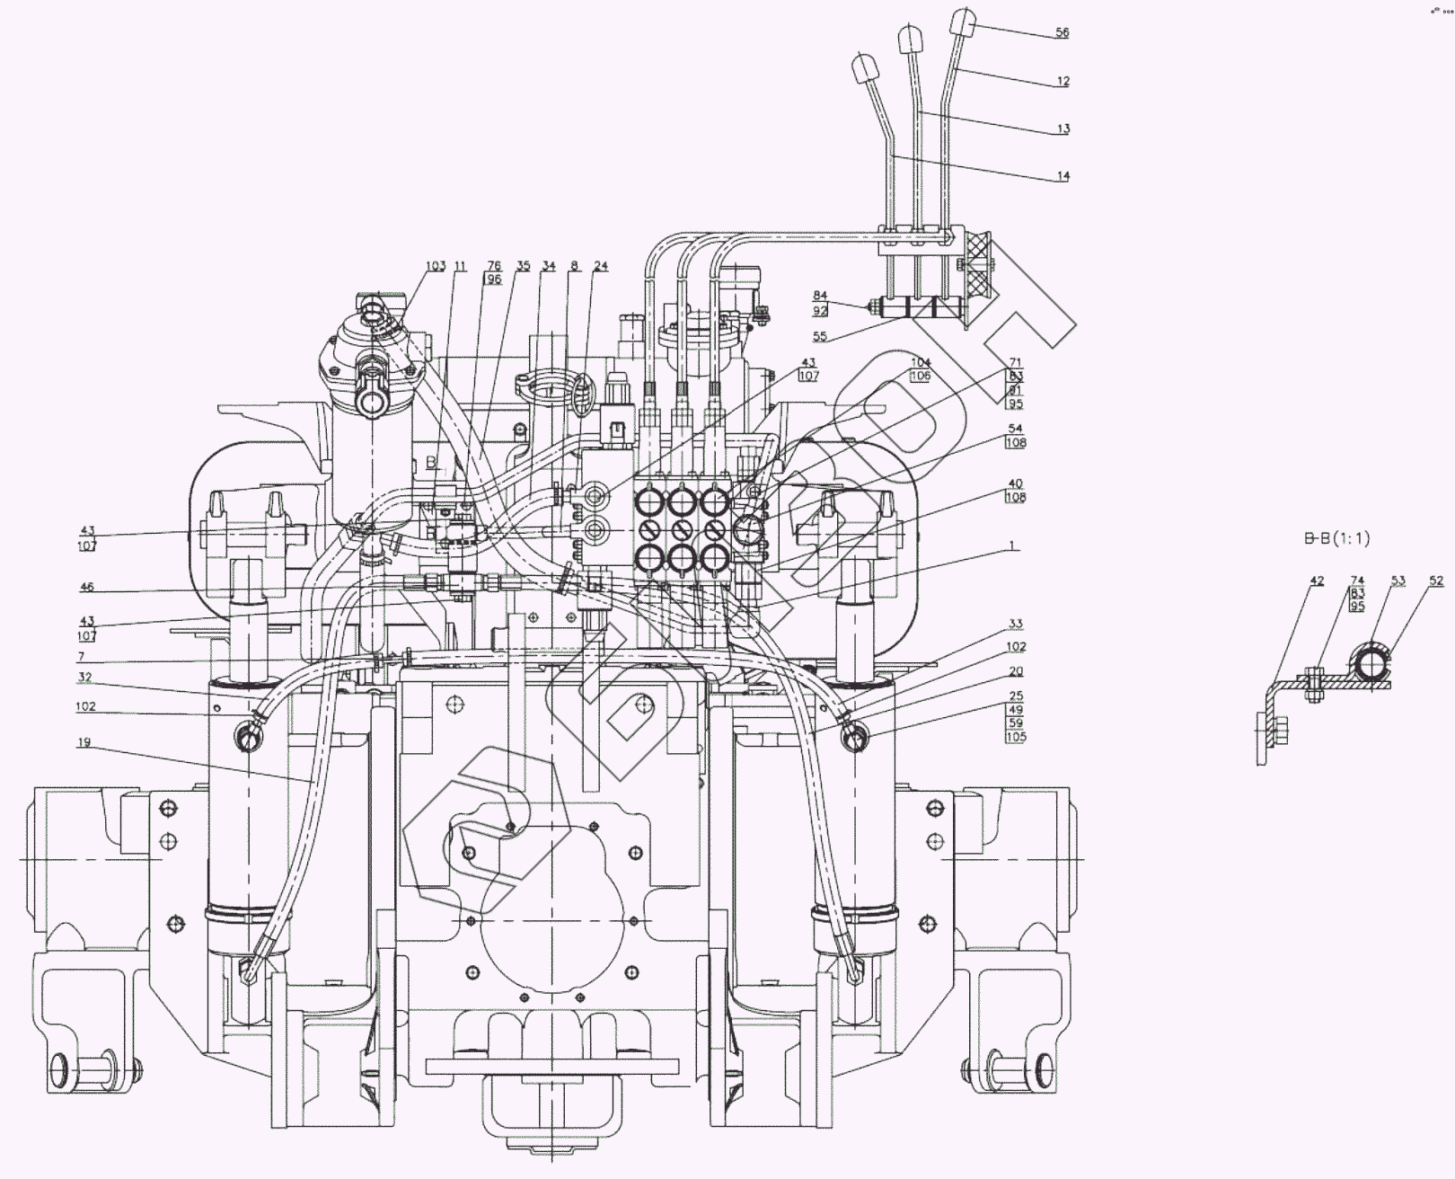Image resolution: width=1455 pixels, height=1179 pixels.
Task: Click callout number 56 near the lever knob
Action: [1063, 32]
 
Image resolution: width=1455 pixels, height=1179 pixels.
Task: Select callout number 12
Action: [1063, 81]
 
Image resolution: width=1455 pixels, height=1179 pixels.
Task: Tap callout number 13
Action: [1063, 129]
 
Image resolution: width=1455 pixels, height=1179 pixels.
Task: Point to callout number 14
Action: [1063, 176]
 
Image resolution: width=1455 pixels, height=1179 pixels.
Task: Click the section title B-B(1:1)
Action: [1337, 538]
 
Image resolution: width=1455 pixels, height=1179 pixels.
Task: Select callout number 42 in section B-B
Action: [1317, 581]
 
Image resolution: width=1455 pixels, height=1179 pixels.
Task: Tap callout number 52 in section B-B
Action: [1436, 581]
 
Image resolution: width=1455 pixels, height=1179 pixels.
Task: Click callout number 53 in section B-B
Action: [1398, 581]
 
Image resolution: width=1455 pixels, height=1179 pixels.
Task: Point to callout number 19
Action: [84, 742]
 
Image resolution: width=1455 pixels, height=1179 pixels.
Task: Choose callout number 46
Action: [86, 587]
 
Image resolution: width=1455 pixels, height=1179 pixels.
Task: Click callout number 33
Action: [1016, 624]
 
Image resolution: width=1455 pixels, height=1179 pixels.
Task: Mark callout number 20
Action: [1016, 671]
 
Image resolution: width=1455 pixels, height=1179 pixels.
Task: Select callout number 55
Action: [820, 337]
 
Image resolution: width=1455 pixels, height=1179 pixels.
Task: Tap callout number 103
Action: [436, 266]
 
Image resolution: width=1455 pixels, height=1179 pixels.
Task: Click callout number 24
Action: [601, 266]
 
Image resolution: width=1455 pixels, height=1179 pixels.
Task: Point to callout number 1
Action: [1013, 545]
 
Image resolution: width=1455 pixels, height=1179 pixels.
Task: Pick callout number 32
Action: [84, 677]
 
